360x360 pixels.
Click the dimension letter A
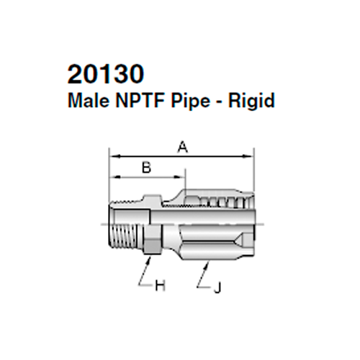pyautogui.click(x=182, y=147)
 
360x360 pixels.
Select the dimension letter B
pyautogui.click(x=146, y=168)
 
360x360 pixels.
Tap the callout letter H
pyautogui.click(x=161, y=287)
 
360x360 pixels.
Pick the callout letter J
pyautogui.click(x=217, y=287)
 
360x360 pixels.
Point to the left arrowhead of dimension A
pyautogui.click(x=112, y=154)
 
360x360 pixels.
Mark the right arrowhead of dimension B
pyautogui.click(x=182, y=176)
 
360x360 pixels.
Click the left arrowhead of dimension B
pyautogui.click(x=112, y=176)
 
